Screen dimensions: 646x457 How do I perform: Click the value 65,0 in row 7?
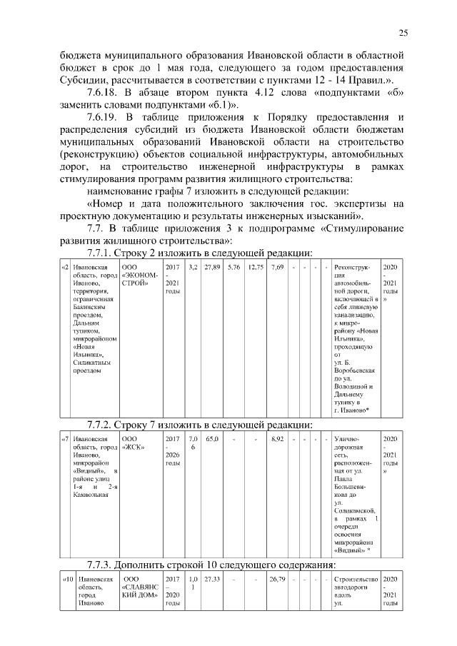212,439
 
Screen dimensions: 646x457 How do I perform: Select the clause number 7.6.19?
103,116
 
